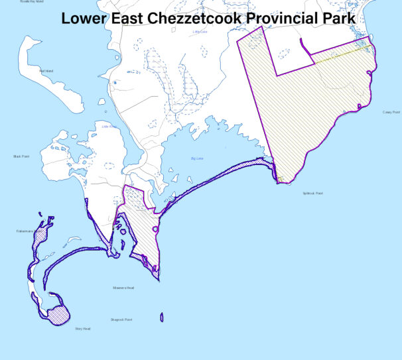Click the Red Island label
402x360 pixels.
(46, 71)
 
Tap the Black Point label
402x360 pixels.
(21, 156)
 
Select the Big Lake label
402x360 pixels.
(197, 158)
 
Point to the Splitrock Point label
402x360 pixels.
(312, 194)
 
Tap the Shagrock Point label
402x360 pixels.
(121, 320)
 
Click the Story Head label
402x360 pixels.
(82, 328)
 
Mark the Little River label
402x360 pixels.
(109, 126)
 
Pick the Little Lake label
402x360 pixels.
(200, 31)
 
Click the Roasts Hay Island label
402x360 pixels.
(32, 2)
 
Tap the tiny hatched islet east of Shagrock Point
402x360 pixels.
(162, 318)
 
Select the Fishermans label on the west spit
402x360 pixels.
(25, 231)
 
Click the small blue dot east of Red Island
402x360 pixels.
(114, 84)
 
